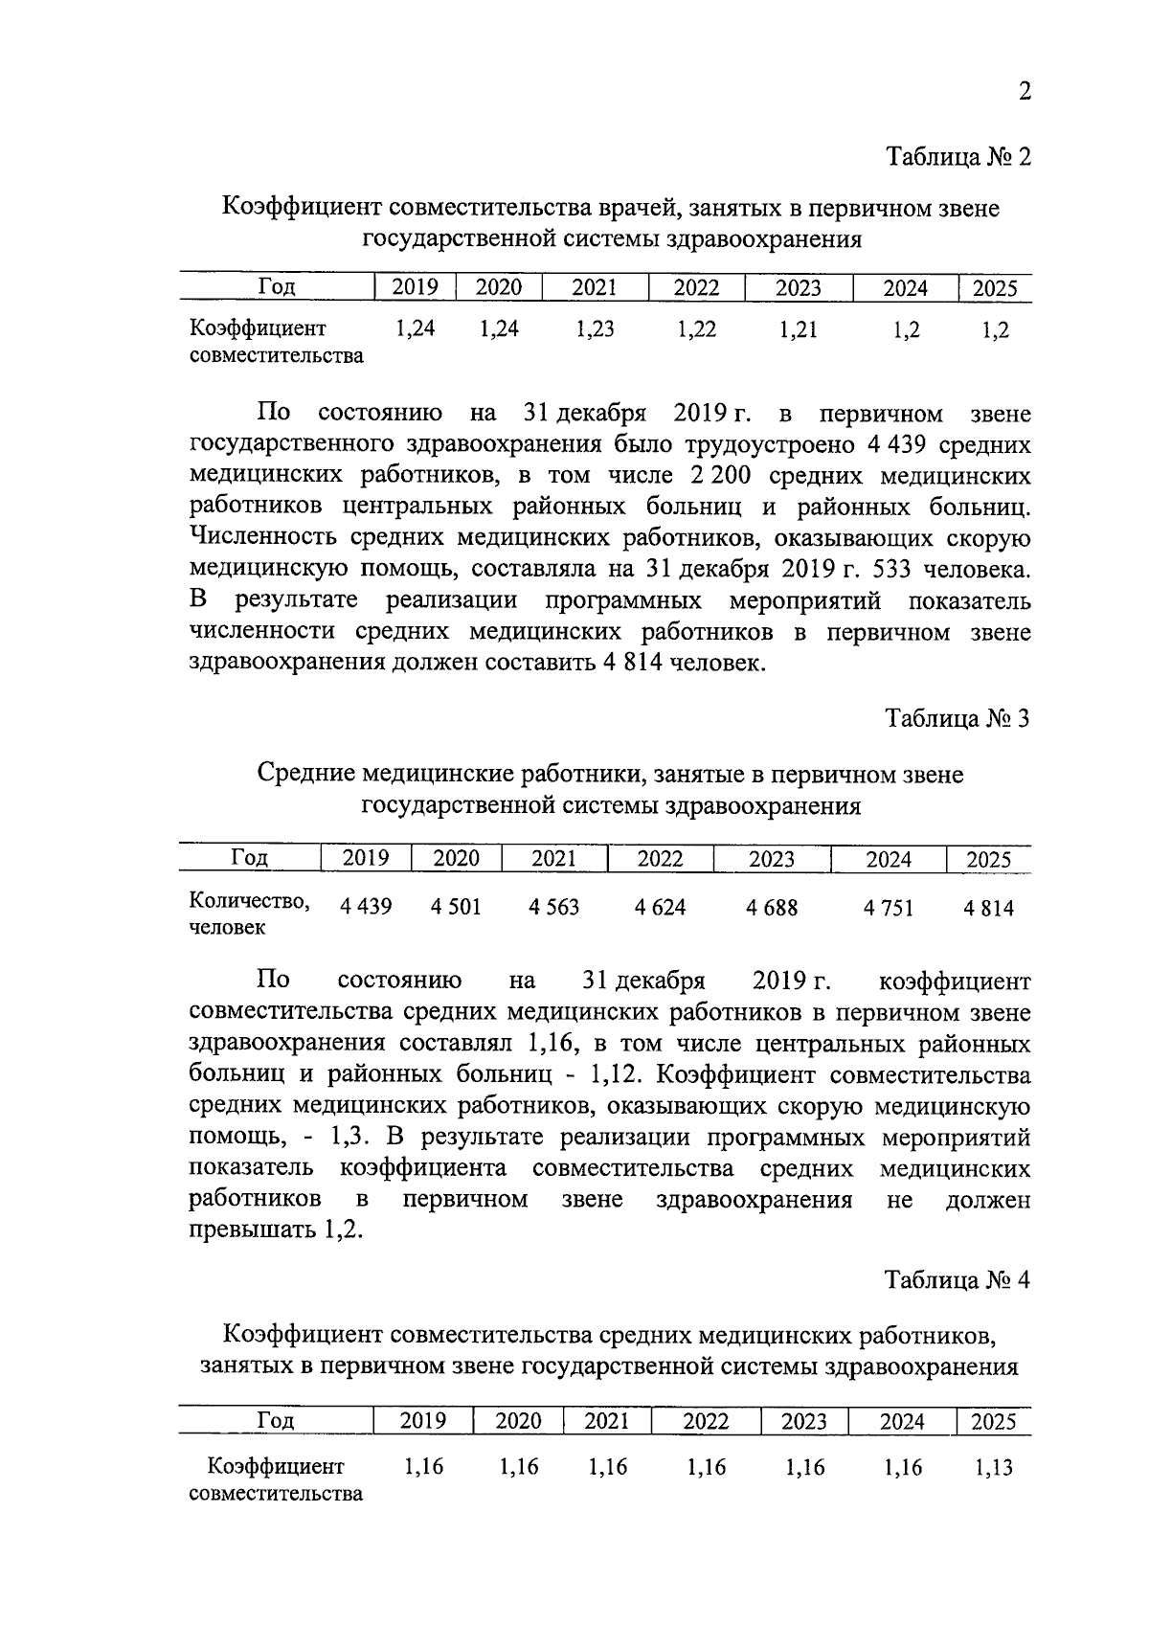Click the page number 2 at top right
1024,92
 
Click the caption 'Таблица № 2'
957,156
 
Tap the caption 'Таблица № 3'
957,719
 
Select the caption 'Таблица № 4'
957,1281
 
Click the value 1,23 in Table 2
595,329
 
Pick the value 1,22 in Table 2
696,329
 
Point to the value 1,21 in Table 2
799,329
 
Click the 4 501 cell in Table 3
456,907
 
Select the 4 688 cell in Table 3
772,907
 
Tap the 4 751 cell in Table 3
889,907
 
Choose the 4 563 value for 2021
553,907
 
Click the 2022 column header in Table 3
660,859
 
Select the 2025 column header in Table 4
993,1422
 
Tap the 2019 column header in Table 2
415,287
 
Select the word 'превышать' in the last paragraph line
248,1230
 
